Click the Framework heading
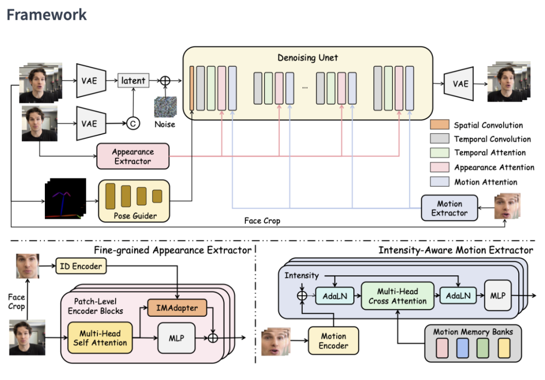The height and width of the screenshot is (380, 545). click(46, 15)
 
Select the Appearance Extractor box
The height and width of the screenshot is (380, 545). click(133, 157)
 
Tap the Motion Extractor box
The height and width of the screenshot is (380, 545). click(449, 208)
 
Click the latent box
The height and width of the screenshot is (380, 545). click(133, 80)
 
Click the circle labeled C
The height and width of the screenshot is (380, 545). click(133, 123)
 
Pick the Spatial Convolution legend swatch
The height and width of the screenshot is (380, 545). click(439, 125)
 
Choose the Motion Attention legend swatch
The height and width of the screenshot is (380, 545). click(439, 182)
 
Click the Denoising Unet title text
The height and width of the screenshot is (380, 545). click(308, 58)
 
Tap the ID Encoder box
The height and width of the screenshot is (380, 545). click(81, 266)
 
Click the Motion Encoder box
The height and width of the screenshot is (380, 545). click(333, 341)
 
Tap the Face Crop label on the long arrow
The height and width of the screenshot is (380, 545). click(262, 221)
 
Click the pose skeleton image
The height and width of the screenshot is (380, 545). click(66, 198)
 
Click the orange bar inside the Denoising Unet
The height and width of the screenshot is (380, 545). click(192, 87)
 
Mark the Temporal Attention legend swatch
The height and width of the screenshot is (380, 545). click(439, 153)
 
